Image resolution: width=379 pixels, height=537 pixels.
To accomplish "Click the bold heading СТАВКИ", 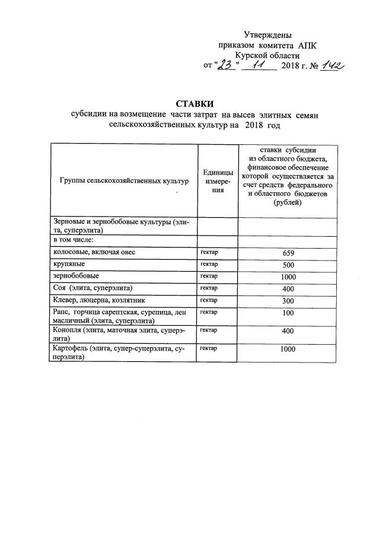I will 189,103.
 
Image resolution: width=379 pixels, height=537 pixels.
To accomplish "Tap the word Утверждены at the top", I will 268,35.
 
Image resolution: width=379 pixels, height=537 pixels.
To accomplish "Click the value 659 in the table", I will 288,253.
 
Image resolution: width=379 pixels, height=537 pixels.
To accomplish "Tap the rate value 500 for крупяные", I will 288,265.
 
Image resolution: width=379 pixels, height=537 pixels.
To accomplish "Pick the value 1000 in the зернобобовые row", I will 288,277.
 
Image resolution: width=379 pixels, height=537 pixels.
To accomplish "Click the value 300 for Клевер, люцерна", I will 288,300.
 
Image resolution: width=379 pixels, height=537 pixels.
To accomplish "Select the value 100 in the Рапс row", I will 288,312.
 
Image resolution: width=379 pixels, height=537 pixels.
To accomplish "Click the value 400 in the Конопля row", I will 288,331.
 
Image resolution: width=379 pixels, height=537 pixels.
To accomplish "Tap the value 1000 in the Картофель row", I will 288,349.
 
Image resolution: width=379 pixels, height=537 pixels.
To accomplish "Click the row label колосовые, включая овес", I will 94,252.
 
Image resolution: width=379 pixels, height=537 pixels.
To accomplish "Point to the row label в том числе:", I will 74,240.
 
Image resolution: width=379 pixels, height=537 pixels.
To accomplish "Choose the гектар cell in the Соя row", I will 209,288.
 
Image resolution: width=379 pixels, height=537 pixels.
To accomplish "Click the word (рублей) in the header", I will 288,204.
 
